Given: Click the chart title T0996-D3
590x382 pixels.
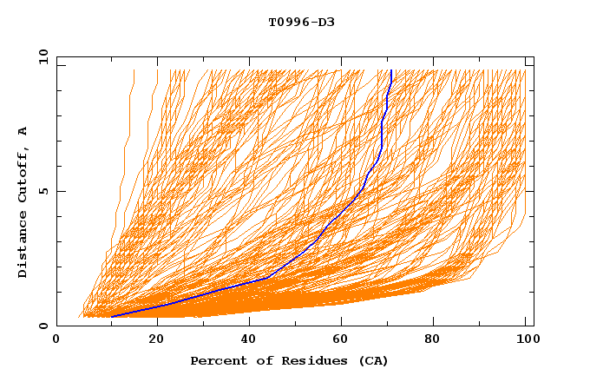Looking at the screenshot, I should click(301, 22).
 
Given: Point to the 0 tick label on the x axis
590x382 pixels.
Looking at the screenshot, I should click(56, 339).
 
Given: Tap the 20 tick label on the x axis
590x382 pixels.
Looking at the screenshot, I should click(157, 339).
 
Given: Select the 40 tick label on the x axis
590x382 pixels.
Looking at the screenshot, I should click(252, 339).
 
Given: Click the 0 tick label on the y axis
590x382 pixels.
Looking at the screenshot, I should click(43, 326).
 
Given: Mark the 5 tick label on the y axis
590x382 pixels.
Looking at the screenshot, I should click(43, 191).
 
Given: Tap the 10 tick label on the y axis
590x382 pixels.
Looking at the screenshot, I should click(41, 56).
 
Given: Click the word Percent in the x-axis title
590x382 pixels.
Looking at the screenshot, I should click(214, 361).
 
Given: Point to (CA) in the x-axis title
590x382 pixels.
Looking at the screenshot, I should click(372, 361).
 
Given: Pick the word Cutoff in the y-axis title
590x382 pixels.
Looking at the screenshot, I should click(23, 177).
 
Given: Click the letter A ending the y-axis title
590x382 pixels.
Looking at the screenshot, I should click(23, 131).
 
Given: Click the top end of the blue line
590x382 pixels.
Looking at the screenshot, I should click(391, 70).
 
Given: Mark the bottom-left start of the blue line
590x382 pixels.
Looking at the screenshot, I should click(112, 317).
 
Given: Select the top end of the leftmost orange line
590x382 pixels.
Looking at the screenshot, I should click(134, 70).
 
